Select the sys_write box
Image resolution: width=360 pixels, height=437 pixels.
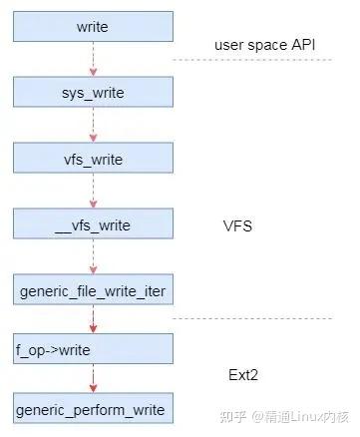coord(92,94)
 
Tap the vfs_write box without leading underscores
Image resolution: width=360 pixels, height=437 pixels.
coord(92,159)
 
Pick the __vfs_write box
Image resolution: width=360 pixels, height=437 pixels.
coord(92,224)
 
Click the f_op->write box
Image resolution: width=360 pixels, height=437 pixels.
coord(92,349)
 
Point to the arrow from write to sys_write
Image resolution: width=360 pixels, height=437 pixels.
coord(92,61)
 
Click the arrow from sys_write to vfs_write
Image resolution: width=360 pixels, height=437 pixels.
coord(92,127)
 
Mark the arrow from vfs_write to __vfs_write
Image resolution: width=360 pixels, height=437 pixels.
coord(92,192)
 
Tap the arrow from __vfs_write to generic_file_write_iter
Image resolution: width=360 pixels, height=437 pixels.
coord(92,257)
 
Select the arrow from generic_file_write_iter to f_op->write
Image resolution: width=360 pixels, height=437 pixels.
coord(92,320)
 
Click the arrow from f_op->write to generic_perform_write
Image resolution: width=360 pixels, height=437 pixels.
coord(92,379)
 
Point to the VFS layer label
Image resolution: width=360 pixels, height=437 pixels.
coord(237,225)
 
